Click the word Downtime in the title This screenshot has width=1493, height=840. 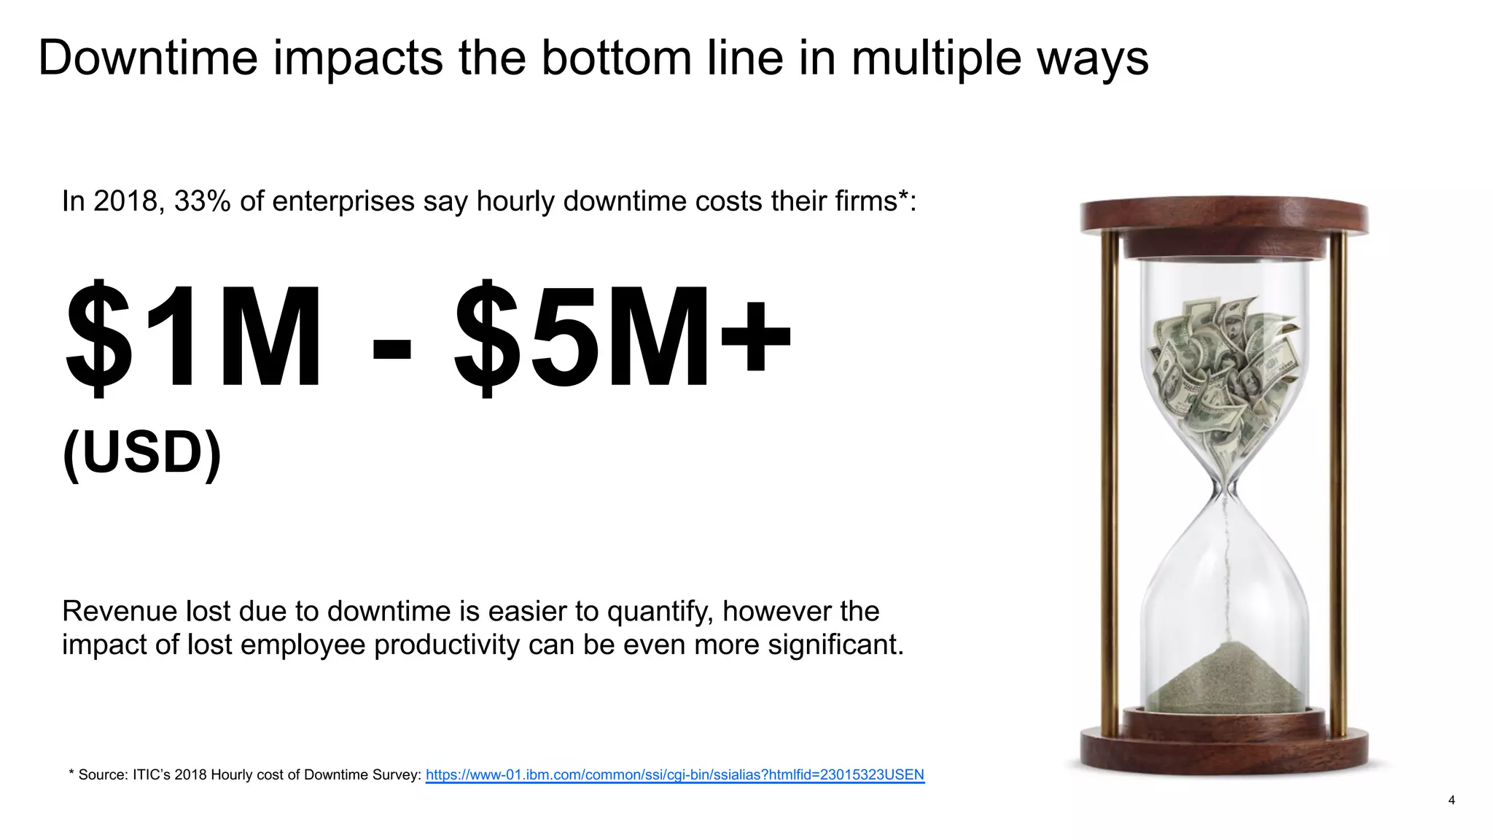point(148,58)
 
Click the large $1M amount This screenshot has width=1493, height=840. point(193,338)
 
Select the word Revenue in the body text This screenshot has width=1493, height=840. point(119,611)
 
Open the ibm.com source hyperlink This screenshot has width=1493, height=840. point(674,774)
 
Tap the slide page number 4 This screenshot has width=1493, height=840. point(1451,800)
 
